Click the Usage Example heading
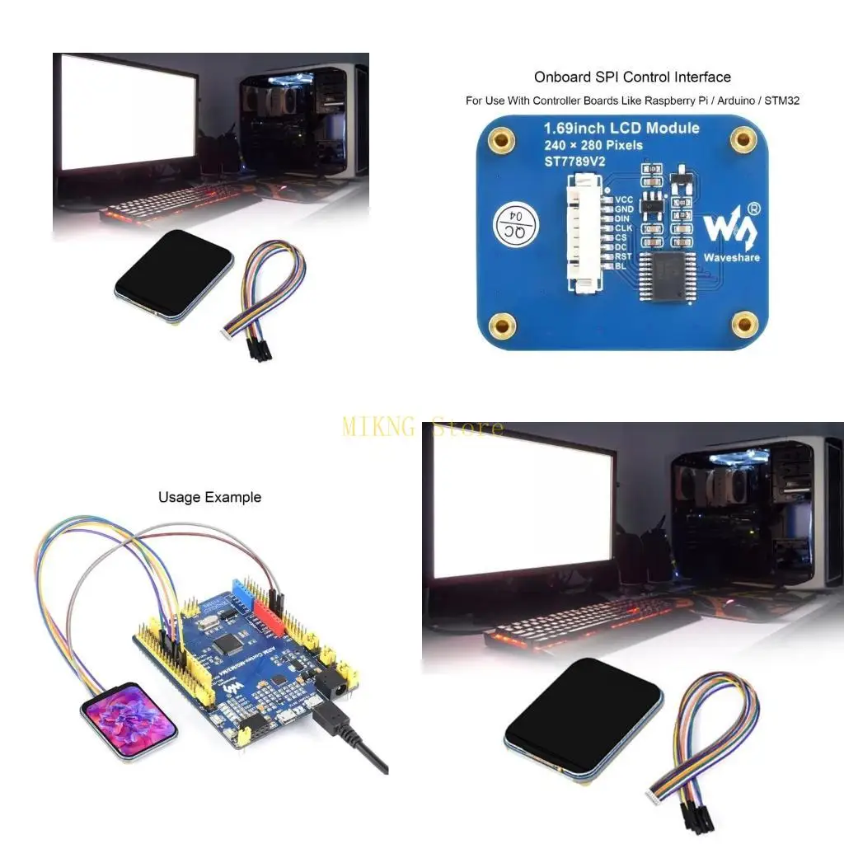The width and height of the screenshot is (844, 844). click(x=209, y=497)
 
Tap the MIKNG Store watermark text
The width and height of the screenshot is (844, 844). click(x=422, y=427)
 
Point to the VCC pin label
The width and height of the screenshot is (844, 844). click(x=624, y=199)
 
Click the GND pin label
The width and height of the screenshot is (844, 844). click(x=624, y=209)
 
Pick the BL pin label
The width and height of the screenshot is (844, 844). click(x=621, y=265)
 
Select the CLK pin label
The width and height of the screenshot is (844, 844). click(x=624, y=228)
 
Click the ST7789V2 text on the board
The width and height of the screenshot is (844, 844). click(x=574, y=162)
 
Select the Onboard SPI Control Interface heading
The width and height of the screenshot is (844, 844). click(x=632, y=77)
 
